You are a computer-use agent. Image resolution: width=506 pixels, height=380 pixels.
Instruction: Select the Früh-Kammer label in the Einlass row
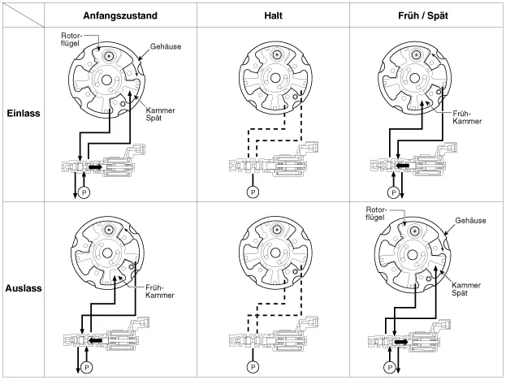[463, 119]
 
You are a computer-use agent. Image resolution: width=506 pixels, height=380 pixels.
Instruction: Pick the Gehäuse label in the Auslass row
[472, 220]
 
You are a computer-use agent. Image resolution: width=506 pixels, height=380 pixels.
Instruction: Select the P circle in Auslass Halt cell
[254, 366]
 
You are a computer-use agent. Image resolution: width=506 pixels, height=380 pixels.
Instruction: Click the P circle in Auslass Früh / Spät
[393, 368]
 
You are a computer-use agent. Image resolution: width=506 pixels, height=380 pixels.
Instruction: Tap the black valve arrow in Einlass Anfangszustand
[96, 167]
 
